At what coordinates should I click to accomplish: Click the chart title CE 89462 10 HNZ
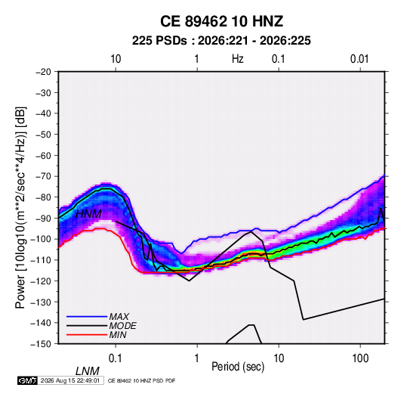click(221, 21)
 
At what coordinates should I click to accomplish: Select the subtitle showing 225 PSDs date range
click(221, 41)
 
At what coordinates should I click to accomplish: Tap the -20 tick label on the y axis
click(43, 72)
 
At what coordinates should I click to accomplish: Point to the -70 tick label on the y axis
click(43, 176)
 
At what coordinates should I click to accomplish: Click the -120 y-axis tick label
click(41, 281)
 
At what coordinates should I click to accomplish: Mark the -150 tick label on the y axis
click(41, 344)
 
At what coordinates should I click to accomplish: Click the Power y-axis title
click(20, 208)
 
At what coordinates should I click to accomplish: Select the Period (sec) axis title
click(238, 367)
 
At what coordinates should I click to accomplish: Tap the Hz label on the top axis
click(237, 59)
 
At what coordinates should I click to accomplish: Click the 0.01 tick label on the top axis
click(359, 59)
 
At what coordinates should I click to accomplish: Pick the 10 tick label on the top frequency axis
click(116, 59)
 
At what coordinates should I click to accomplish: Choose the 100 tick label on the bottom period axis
click(360, 358)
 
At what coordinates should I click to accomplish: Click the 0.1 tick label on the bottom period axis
click(116, 358)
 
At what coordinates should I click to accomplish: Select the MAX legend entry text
click(119, 317)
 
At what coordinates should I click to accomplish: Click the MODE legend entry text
click(122, 326)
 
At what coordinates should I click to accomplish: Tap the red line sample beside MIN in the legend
click(87, 335)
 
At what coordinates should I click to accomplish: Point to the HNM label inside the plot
click(88, 214)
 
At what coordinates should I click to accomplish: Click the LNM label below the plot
click(87, 371)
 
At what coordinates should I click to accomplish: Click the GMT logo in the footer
click(27, 380)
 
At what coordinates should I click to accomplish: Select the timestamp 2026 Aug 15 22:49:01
click(70, 380)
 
